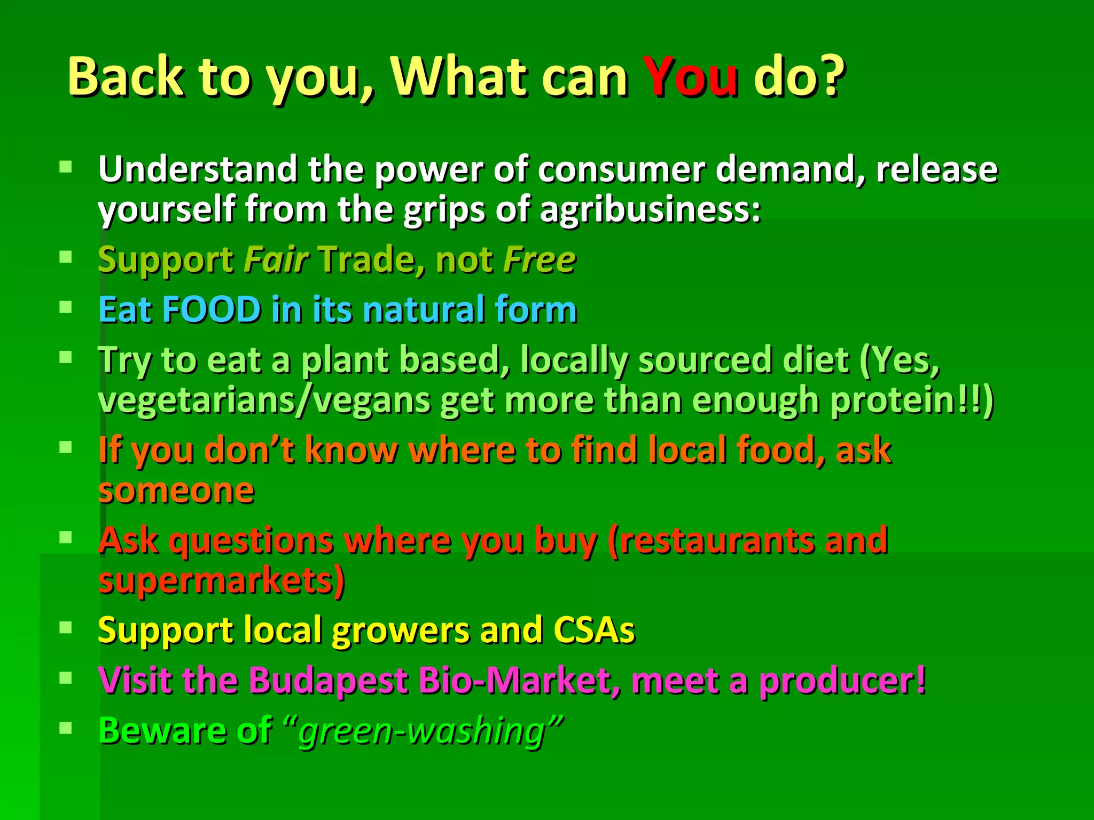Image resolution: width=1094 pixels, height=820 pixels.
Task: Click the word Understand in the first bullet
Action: (198, 170)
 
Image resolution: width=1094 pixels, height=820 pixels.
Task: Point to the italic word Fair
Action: (276, 260)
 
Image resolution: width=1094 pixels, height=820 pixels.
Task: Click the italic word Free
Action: (540, 260)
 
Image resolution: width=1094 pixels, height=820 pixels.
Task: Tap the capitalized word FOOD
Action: (212, 310)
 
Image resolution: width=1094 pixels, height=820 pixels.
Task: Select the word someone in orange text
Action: (176, 491)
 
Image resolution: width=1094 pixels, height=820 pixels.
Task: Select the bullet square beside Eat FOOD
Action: (66, 307)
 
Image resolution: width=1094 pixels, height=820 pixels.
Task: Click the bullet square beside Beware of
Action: (66, 728)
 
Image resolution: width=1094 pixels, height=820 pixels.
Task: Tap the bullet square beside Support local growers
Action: (66, 627)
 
